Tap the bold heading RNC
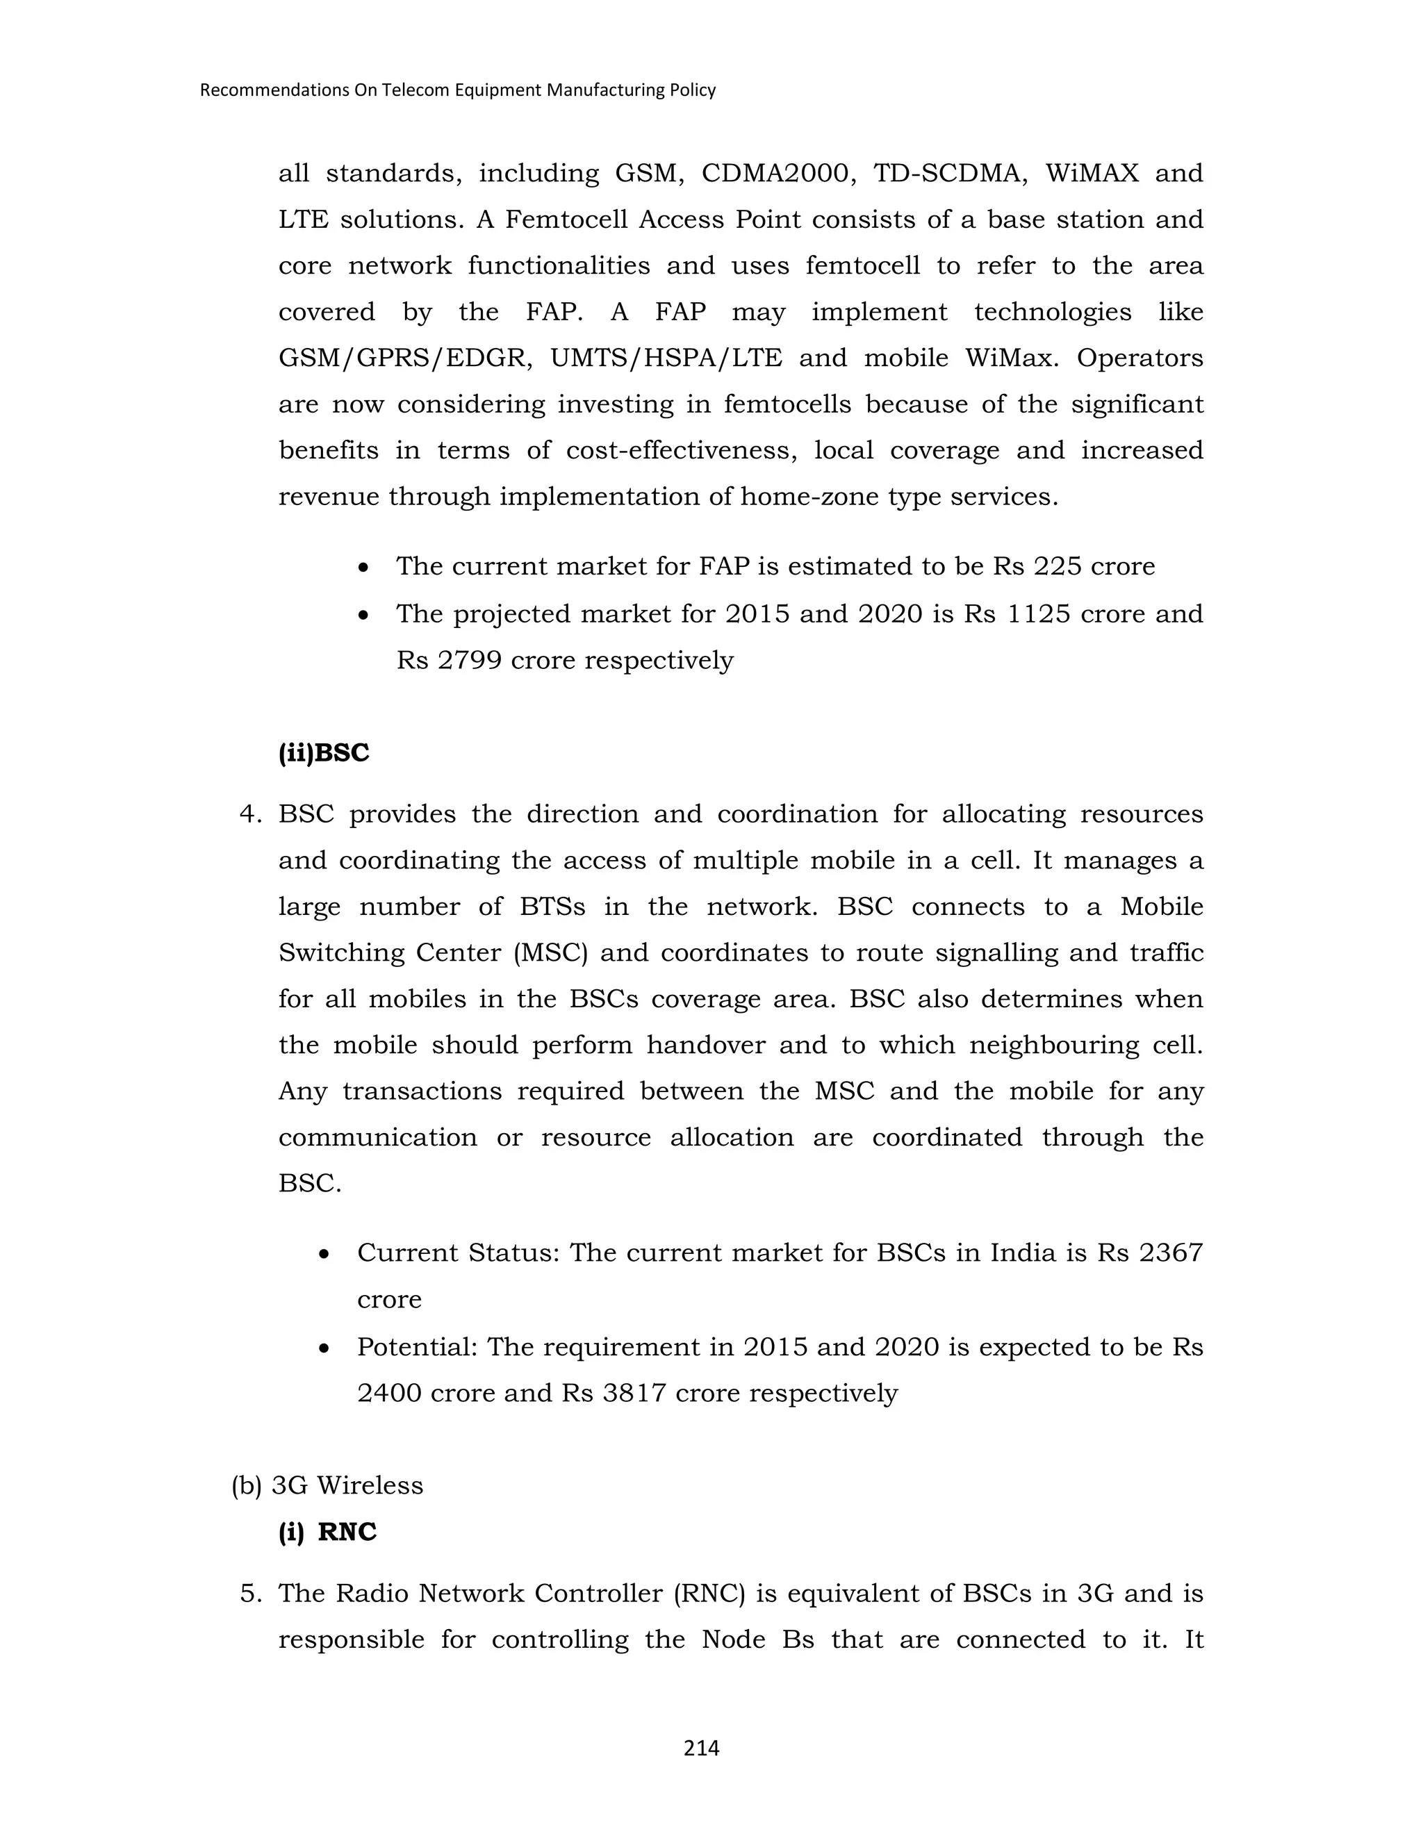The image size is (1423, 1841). click(x=347, y=1532)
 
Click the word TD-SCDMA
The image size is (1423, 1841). click(x=950, y=173)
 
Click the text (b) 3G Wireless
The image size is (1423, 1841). click(x=327, y=1485)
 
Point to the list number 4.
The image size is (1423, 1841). click(x=249, y=814)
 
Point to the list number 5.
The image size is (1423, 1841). click(x=249, y=1593)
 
